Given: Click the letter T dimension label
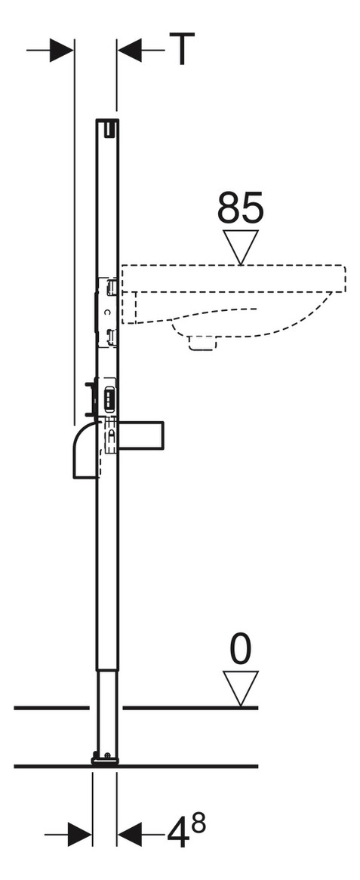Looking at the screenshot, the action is coord(182,49).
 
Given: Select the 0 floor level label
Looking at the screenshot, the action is coord(240,650).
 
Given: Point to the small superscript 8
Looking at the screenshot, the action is coord(198,823).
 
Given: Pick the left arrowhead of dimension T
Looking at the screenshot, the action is coord(62,50).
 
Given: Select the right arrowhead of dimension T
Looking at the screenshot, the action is coord(128,50).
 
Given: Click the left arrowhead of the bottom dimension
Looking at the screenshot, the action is coord(80,834).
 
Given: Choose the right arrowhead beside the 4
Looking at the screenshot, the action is coord(129,834).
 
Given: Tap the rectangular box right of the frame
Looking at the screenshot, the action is coord(141,435).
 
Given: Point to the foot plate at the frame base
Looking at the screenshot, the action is coord(105,761).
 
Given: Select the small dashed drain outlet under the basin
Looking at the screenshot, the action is coord(203,343).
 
